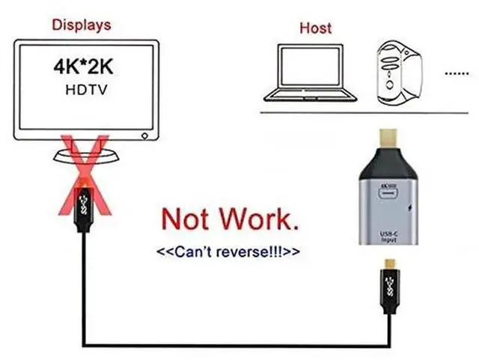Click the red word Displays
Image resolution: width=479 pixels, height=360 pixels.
coord(82,25)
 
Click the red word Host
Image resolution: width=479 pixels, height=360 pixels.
coord(315,28)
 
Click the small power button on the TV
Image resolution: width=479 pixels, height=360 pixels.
coord(144,136)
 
